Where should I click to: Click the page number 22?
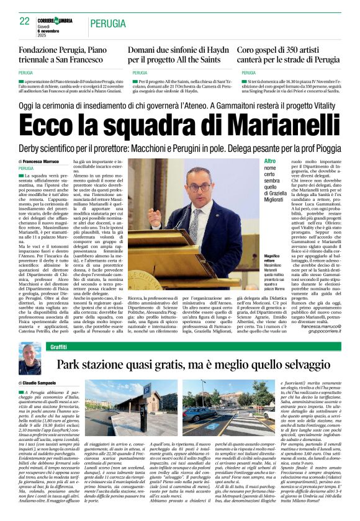25,21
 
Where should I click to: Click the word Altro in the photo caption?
254,161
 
